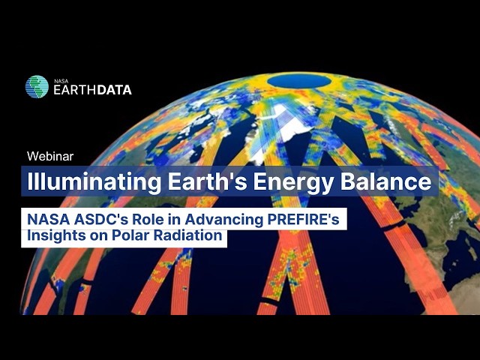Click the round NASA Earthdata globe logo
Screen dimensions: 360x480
point(37,87)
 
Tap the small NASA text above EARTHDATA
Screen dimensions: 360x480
point(61,79)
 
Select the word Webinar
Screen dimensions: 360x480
point(49,156)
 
